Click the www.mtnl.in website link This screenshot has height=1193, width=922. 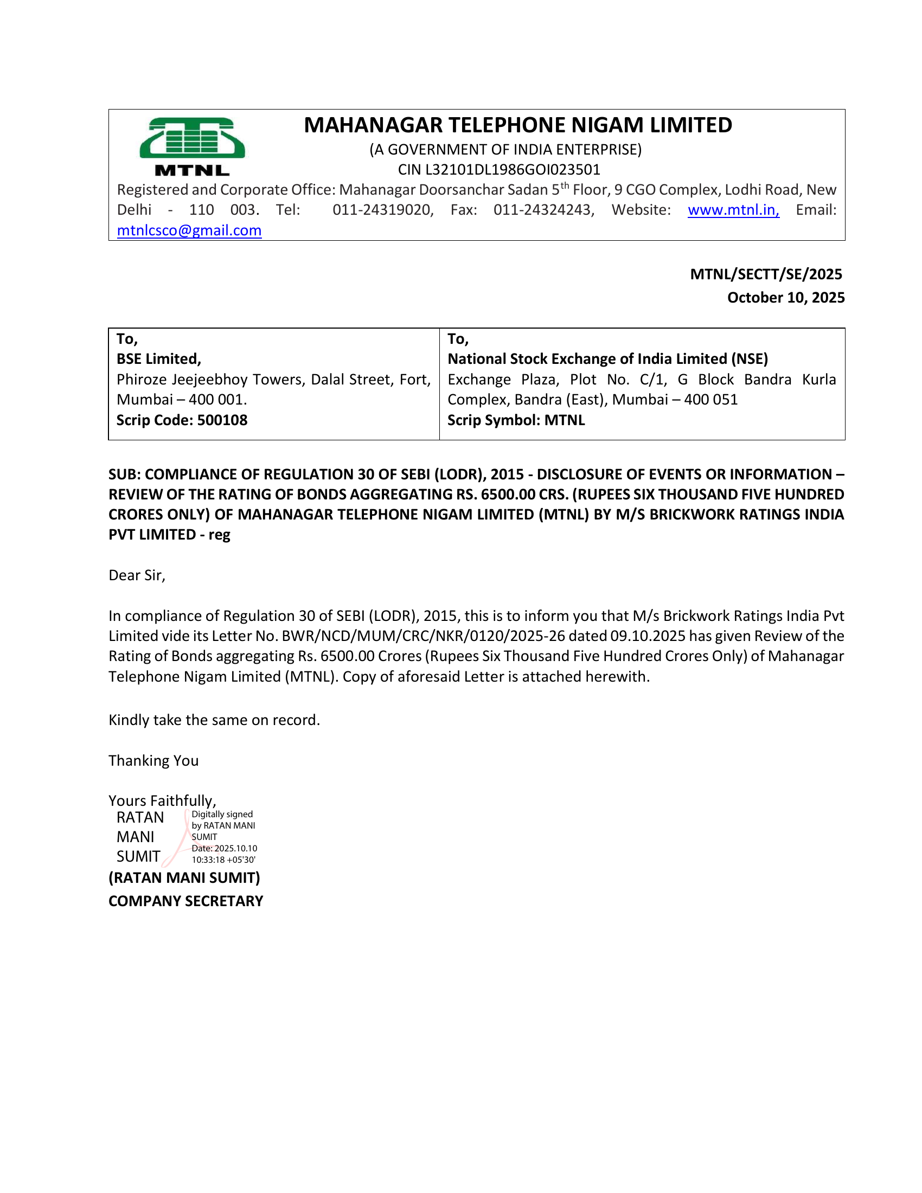(733, 210)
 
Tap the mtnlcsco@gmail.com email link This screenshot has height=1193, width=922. (189, 230)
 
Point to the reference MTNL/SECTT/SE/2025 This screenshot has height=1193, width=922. (766, 274)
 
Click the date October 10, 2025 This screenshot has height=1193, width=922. (785, 298)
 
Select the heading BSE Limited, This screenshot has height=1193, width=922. (158, 359)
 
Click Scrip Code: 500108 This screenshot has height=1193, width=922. (181, 420)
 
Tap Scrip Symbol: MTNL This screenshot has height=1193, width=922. (516, 420)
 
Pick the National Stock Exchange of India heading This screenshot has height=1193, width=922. (607, 359)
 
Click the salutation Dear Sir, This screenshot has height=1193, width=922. (137, 575)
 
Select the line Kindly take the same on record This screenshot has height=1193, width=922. (214, 720)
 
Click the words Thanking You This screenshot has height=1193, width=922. (153, 761)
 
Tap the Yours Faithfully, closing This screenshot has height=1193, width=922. (162, 801)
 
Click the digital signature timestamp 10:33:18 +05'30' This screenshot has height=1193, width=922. (223, 860)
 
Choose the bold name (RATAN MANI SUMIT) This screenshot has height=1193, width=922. (184, 878)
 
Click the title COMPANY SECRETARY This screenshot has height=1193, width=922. (185, 901)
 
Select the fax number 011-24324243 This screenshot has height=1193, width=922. (543, 210)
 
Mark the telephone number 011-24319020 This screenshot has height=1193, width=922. (382, 210)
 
